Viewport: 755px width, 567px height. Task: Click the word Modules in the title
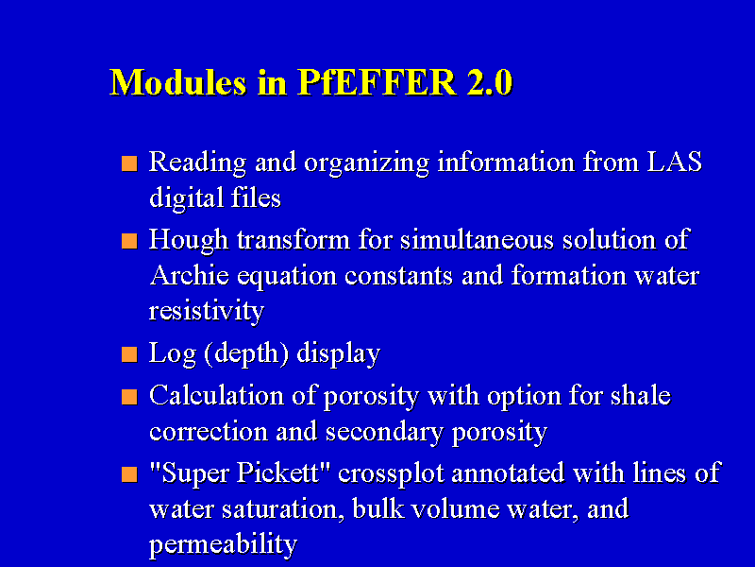pyautogui.click(x=178, y=82)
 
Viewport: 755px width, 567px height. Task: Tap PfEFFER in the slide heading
pyautogui.click(x=377, y=82)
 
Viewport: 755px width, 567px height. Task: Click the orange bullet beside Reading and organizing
pyautogui.click(x=129, y=163)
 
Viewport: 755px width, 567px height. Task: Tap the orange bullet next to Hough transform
pyautogui.click(x=129, y=241)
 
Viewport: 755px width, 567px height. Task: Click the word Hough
pyautogui.click(x=188, y=240)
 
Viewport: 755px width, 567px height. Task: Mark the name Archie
pyautogui.click(x=190, y=275)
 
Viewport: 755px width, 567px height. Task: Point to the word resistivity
pyautogui.click(x=207, y=311)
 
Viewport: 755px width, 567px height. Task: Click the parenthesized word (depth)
pyautogui.click(x=246, y=353)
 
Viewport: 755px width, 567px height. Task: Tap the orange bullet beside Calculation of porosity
pyautogui.click(x=129, y=397)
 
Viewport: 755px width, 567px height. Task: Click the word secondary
pyautogui.click(x=384, y=432)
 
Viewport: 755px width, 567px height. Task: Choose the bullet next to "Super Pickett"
pyautogui.click(x=129, y=474)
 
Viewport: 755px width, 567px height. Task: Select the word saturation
pyautogui.click(x=283, y=509)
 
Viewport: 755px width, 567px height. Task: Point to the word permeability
pyautogui.click(x=223, y=544)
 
